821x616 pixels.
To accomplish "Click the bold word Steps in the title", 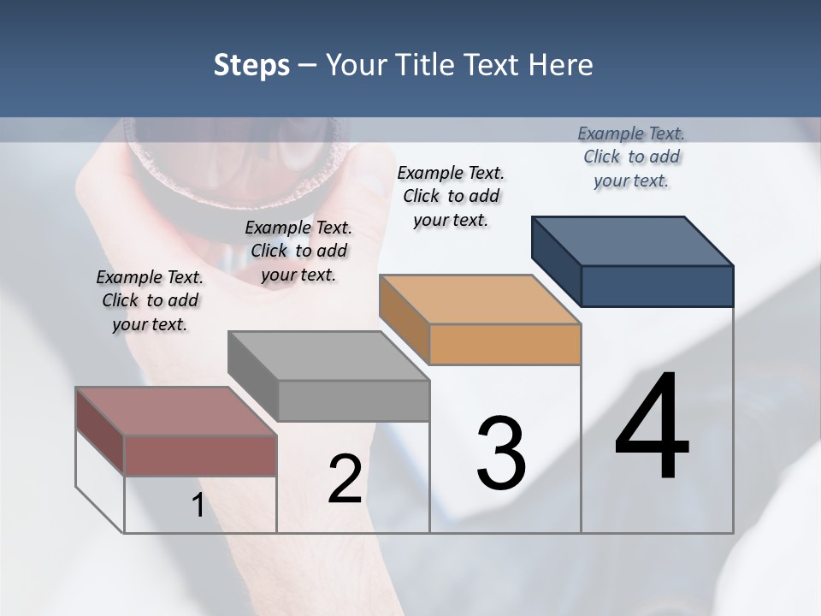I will pyautogui.click(x=251, y=65).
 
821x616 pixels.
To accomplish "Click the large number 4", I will pyautogui.click(x=652, y=428).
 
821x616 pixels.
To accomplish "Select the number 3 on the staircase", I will pyautogui.click(x=501, y=453).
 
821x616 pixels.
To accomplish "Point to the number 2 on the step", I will pyautogui.click(x=345, y=479).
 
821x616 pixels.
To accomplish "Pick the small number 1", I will pyautogui.click(x=198, y=506).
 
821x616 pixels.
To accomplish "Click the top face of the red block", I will pyautogui.click(x=175, y=412).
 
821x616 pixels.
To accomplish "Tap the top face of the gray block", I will pyautogui.click(x=328, y=356).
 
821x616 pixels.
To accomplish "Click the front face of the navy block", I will pyautogui.click(x=657, y=286).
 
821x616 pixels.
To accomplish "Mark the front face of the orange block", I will pyautogui.click(x=505, y=344).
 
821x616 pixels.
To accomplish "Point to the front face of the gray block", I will pyautogui.click(x=353, y=400).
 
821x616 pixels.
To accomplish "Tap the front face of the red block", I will pyautogui.click(x=200, y=455).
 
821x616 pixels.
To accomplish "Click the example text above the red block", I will pyautogui.click(x=150, y=300).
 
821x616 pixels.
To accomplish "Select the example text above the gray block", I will pyautogui.click(x=298, y=251).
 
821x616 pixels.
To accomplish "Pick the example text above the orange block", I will pyautogui.click(x=451, y=196).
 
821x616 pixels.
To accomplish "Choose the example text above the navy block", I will pyautogui.click(x=631, y=157).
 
